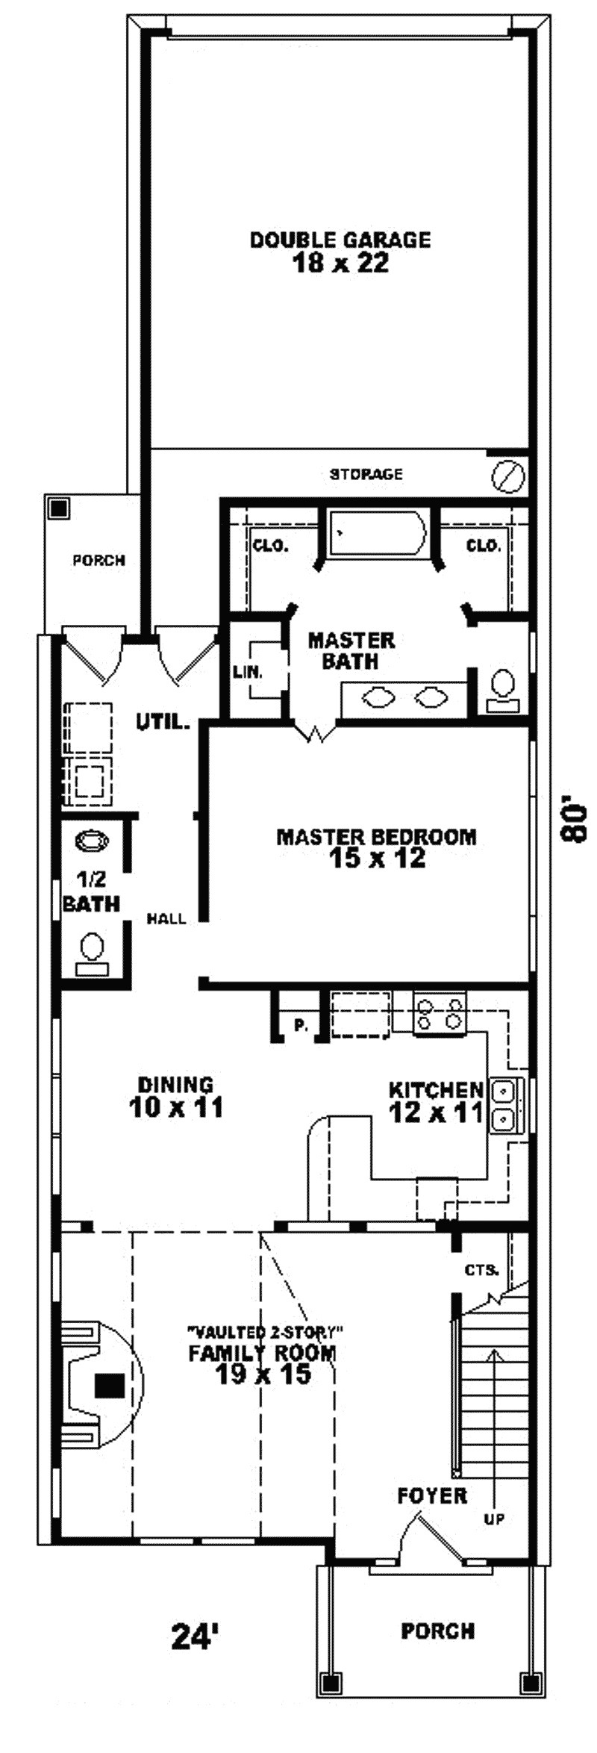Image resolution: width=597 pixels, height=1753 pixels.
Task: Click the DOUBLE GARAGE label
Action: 340,252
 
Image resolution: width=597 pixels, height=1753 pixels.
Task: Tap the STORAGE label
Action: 366,474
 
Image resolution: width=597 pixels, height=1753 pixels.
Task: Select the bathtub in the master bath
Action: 378,532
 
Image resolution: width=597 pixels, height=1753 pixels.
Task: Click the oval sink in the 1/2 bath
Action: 93,841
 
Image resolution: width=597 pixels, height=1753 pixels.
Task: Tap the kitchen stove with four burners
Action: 440,1013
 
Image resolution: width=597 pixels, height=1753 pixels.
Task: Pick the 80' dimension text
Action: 575,821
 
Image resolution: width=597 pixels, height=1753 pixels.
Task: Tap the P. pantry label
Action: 301,1025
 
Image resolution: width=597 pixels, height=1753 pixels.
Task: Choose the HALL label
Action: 166,919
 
